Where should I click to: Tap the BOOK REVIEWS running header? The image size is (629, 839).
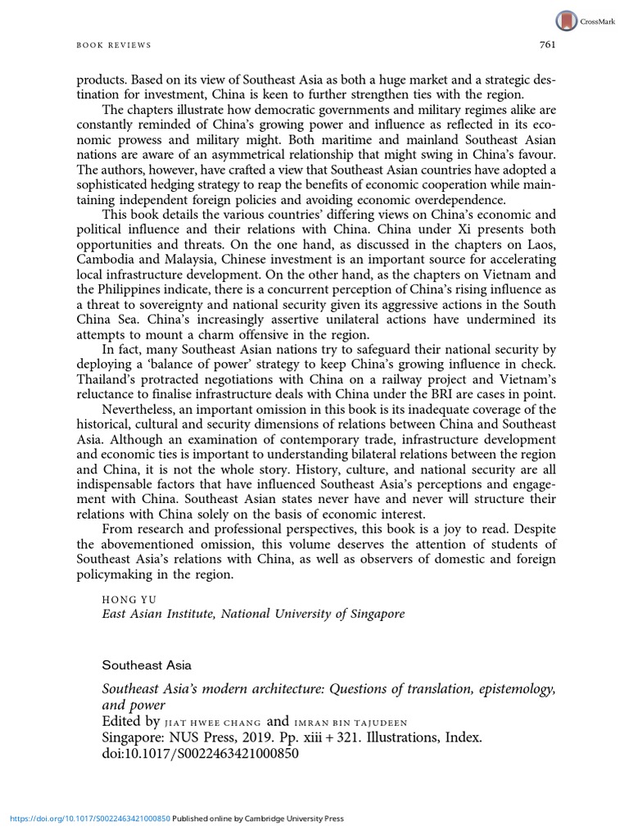pyautogui.click(x=115, y=45)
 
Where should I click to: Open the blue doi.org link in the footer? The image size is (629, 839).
pyautogui.click(x=91, y=818)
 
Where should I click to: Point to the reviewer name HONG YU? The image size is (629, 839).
pyautogui.click(x=125, y=599)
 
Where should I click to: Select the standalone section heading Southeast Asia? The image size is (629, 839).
pyautogui.click(x=147, y=665)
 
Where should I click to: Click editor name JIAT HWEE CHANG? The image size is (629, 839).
pyautogui.click(x=212, y=723)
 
